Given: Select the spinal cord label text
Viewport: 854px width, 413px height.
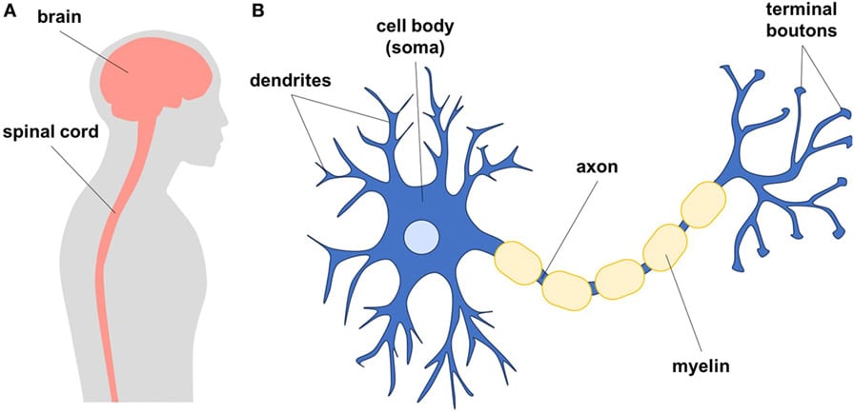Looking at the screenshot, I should (x=52, y=132).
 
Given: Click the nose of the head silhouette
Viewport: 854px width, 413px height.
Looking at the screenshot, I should (x=225, y=122).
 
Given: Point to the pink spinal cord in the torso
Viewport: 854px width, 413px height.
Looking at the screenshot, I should (x=104, y=285).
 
